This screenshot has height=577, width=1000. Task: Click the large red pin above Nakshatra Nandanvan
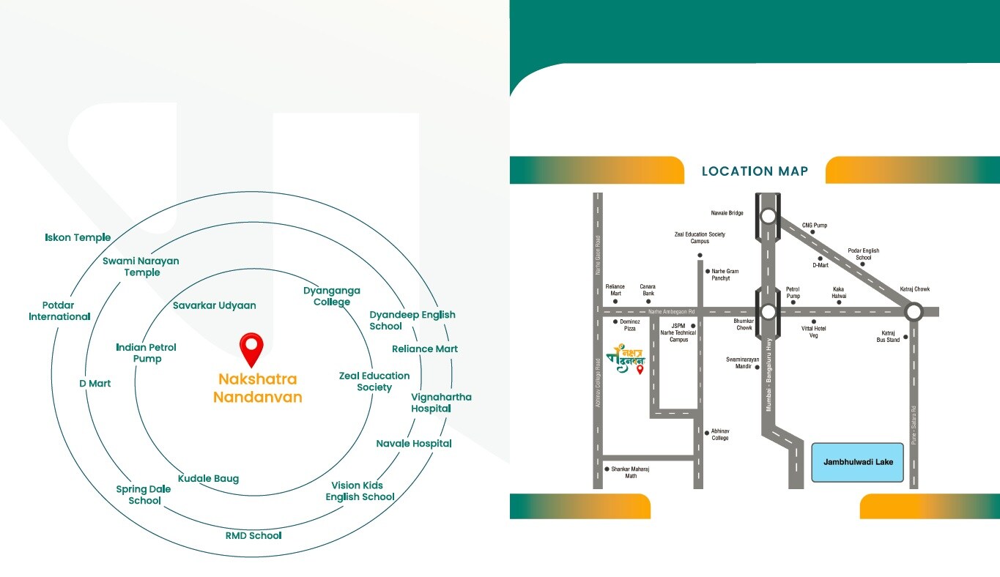(251, 349)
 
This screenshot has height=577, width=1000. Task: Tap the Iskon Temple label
(78, 237)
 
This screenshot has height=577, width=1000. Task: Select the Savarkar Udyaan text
(215, 305)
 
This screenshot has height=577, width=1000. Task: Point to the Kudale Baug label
(208, 478)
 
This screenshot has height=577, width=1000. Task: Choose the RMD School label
(253, 535)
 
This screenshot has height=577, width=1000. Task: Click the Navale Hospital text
(414, 443)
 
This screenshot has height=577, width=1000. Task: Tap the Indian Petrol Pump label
(147, 352)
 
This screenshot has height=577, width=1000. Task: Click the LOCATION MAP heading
(755, 171)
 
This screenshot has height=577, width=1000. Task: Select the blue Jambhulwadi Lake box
(858, 462)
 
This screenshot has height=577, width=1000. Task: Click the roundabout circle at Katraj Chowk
(914, 312)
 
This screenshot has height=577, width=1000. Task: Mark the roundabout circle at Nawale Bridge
(768, 216)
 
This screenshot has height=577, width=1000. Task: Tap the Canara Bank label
(648, 290)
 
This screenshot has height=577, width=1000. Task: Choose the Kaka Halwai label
(839, 292)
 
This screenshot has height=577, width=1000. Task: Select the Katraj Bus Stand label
(889, 337)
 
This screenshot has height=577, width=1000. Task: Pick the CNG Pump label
(815, 225)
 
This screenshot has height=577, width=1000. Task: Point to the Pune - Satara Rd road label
(914, 426)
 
